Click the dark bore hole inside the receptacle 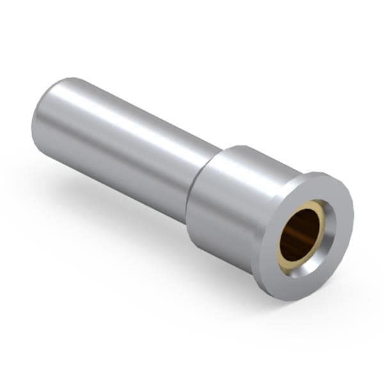[x=299, y=235]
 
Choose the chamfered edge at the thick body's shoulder [x=214, y=157]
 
